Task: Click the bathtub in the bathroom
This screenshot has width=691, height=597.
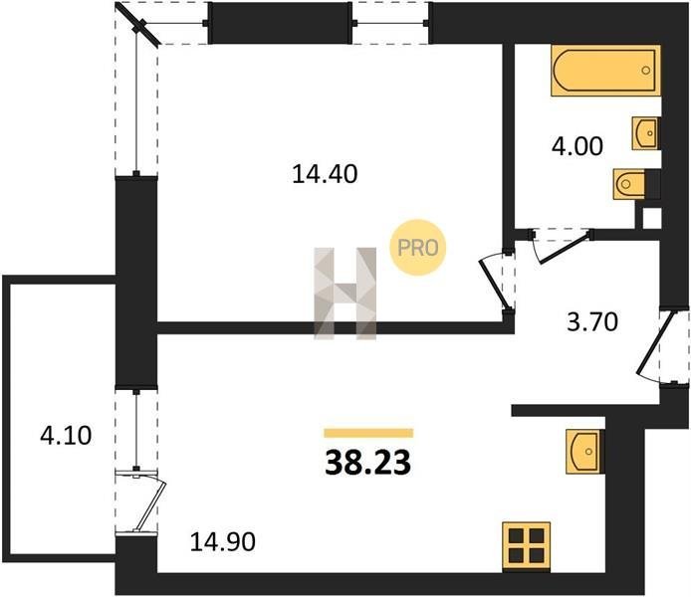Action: (x=605, y=71)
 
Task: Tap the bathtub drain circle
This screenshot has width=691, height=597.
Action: (x=646, y=70)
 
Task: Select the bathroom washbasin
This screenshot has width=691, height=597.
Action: (x=645, y=133)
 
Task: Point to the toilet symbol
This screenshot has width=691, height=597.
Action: (x=629, y=184)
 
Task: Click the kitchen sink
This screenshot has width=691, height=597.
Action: (x=583, y=451)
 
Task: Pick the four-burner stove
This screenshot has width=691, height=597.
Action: (x=527, y=547)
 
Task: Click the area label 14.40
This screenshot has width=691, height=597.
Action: (x=325, y=174)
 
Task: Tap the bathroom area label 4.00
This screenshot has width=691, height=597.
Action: (x=576, y=146)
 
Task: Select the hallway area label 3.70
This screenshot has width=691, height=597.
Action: (x=592, y=321)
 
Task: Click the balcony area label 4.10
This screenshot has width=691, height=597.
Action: (x=66, y=436)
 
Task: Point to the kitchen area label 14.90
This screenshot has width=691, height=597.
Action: (x=223, y=542)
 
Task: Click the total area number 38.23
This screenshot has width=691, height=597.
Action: (x=368, y=463)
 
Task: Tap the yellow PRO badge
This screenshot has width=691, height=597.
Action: (x=418, y=248)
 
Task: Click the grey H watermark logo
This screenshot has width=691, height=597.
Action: (x=345, y=294)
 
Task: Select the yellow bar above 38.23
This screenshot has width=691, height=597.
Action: (x=368, y=433)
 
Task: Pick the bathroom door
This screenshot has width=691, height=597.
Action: (x=562, y=246)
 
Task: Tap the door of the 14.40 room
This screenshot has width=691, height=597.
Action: (x=496, y=282)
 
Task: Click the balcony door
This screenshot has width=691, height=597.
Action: (x=147, y=501)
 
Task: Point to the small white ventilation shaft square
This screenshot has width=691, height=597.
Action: (x=652, y=218)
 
